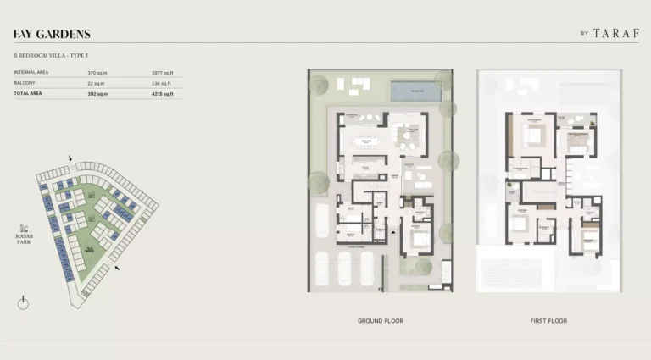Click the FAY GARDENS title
click(52, 35)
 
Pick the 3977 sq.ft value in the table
click(162, 73)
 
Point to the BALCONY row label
click(25, 83)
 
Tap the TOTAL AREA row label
click(28, 94)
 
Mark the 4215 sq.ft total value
click(162, 94)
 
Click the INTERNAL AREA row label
click(31, 73)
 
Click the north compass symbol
click(24, 302)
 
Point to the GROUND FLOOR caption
click(381, 321)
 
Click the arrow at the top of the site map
click(70, 158)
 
